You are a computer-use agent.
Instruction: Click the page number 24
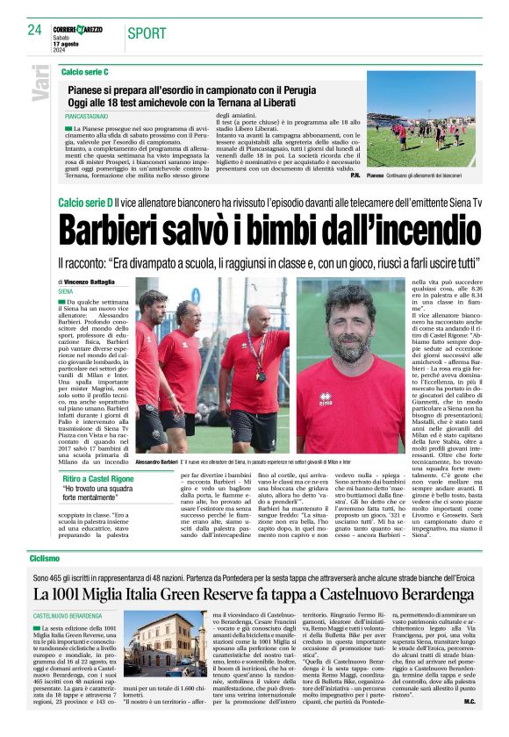tap(34, 30)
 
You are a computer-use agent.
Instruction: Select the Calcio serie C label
tap(85, 70)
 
